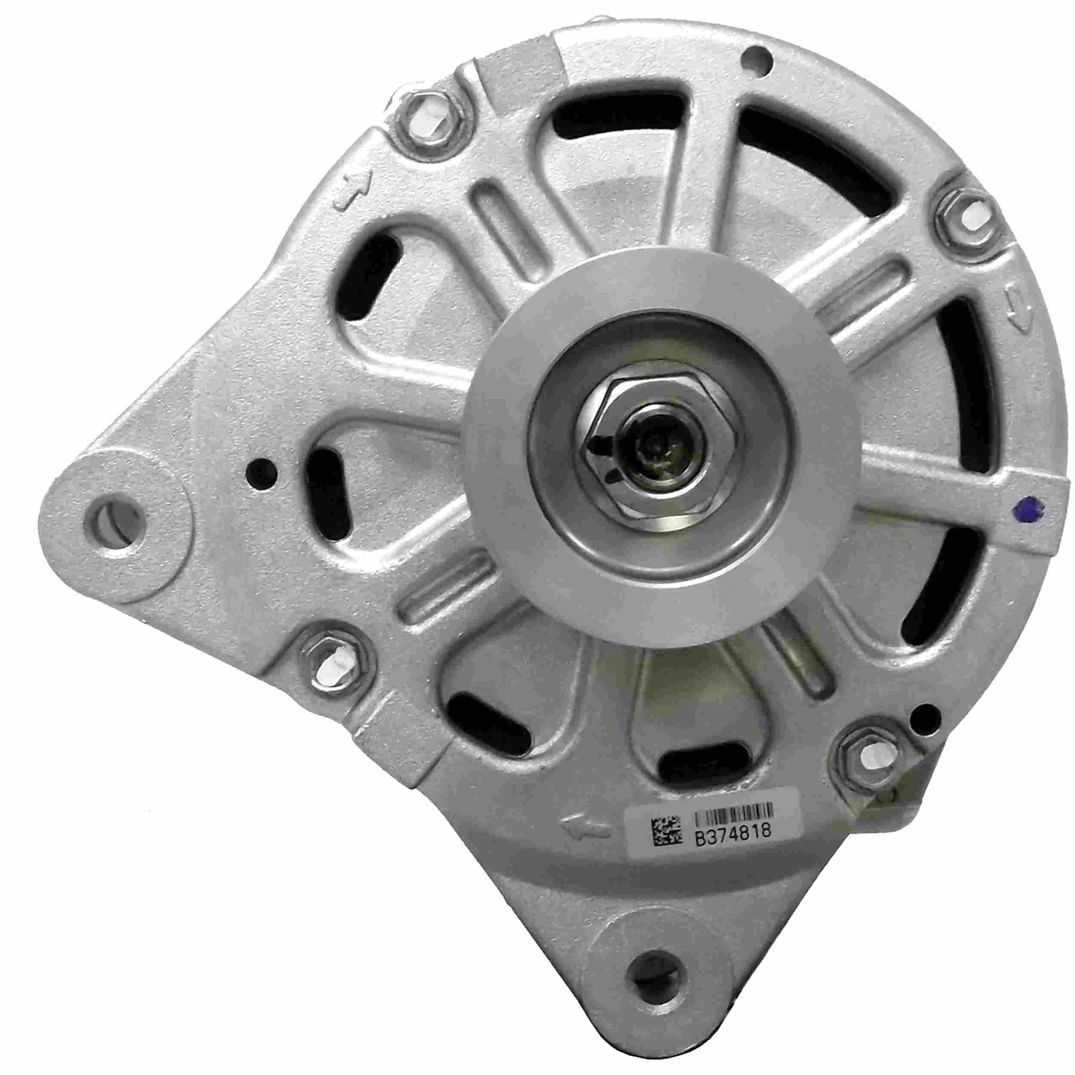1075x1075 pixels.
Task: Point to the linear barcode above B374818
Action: click(734, 824)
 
